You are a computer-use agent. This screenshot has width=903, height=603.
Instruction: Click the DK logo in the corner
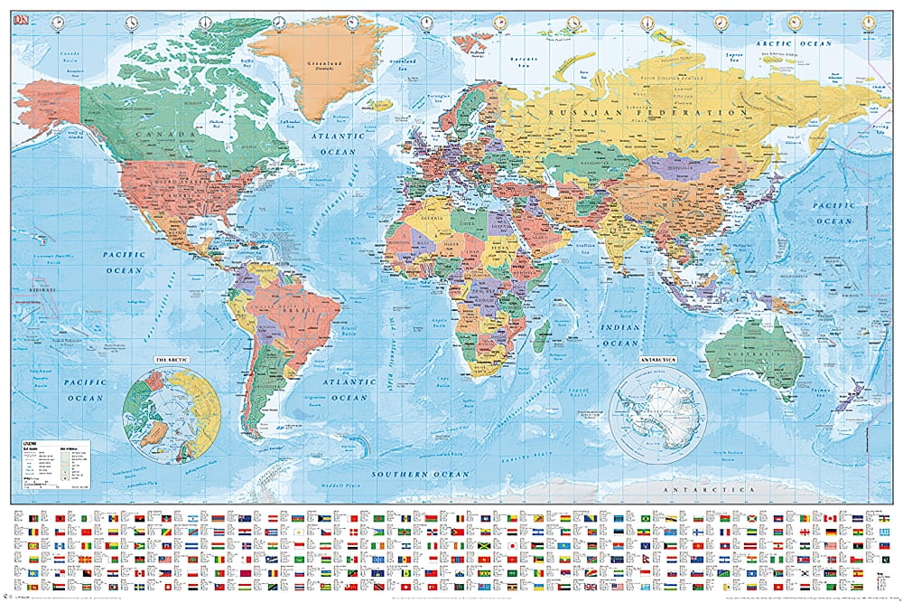(20, 20)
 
